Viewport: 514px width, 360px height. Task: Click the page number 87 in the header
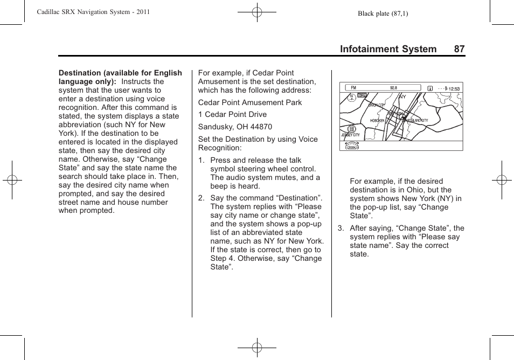[459, 49]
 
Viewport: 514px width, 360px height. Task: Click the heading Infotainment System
[388, 49]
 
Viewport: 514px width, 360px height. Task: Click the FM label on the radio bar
[353, 88]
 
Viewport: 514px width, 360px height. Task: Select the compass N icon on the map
[351, 98]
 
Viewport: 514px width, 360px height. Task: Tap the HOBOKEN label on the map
[377, 121]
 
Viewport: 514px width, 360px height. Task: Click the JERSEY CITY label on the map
[350, 135]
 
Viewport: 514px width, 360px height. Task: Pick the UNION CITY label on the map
[376, 106]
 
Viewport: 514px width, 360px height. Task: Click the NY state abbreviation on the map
[402, 97]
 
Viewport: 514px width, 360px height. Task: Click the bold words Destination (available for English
[120, 73]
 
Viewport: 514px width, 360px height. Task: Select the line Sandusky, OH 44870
[235, 127]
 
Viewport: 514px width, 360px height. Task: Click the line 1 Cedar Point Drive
[232, 114]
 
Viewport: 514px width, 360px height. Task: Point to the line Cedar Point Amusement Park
[250, 102]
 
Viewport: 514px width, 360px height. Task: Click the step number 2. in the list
[202, 198]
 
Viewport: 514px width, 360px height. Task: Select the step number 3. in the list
[341, 228]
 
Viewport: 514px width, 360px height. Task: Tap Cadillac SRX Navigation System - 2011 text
[93, 12]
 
